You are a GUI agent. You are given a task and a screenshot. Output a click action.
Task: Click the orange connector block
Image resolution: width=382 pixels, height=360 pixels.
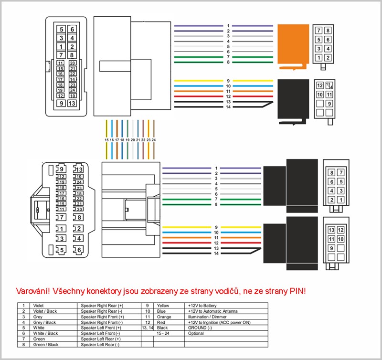coord(292,46)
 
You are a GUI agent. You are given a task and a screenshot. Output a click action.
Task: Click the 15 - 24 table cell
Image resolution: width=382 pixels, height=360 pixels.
coord(163,333)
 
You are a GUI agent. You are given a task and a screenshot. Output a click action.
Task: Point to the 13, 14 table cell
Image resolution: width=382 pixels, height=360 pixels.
coord(148,328)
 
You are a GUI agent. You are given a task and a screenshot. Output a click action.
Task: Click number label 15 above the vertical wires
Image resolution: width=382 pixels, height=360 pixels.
coord(106,139)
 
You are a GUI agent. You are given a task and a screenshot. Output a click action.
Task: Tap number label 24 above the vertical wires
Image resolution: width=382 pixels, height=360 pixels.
coord(154,139)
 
